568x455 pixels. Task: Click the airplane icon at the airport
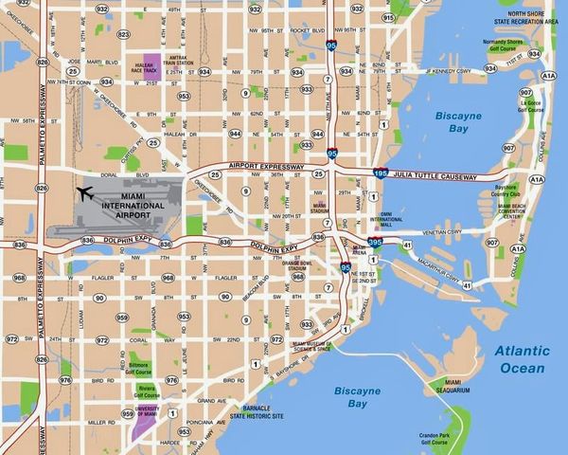84,194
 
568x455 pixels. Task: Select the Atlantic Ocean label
519,359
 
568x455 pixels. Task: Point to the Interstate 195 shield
381,173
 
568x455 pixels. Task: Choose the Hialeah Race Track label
144,67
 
